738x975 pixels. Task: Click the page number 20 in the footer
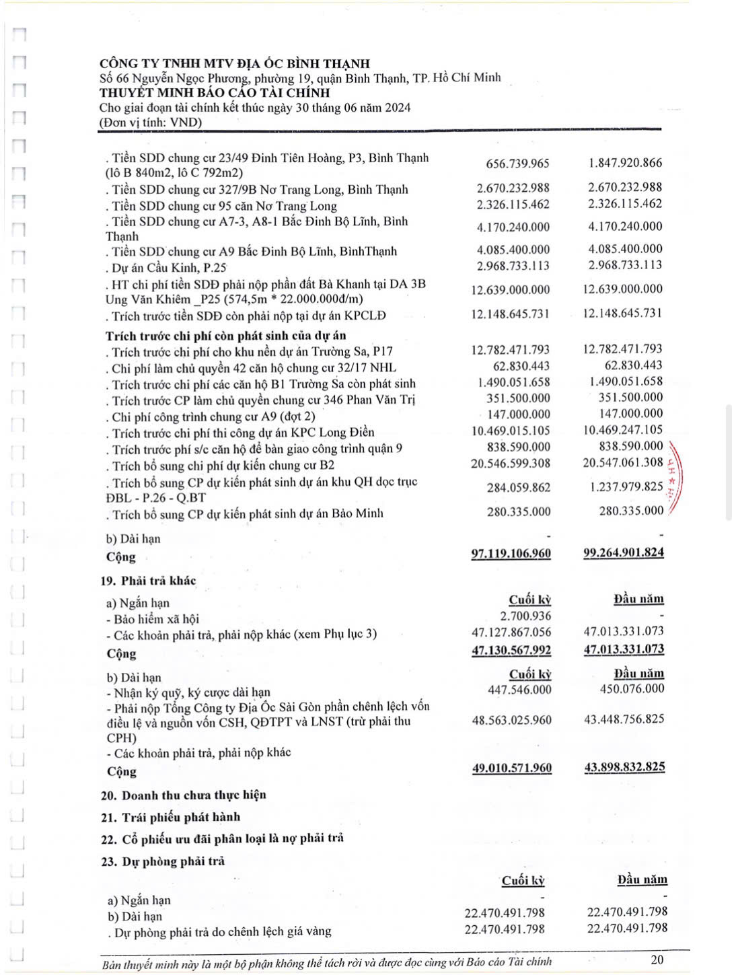(x=657, y=959)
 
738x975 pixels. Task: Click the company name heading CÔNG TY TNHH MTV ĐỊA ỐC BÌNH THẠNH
(x=235, y=64)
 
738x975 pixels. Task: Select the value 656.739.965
(x=517, y=164)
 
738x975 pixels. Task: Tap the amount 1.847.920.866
(x=625, y=163)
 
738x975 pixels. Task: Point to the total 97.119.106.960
(x=511, y=553)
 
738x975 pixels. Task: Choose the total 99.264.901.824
(x=624, y=552)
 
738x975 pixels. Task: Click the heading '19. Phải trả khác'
(x=148, y=581)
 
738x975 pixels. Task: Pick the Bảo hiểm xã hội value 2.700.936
(x=525, y=616)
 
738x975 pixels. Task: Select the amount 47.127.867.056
(x=511, y=632)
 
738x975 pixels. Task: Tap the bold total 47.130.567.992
(x=511, y=650)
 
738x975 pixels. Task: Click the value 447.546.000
(x=519, y=690)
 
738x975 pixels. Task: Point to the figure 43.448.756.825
(x=624, y=719)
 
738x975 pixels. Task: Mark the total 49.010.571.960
(x=512, y=768)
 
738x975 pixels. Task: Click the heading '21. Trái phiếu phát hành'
(x=170, y=817)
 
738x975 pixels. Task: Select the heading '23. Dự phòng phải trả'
(x=163, y=861)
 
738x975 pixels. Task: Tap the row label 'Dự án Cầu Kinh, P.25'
(x=165, y=267)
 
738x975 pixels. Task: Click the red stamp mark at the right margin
(x=673, y=481)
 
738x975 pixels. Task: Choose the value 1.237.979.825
(x=626, y=486)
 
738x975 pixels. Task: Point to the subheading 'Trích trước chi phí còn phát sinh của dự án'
(x=225, y=335)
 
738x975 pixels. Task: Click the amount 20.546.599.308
(x=511, y=463)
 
